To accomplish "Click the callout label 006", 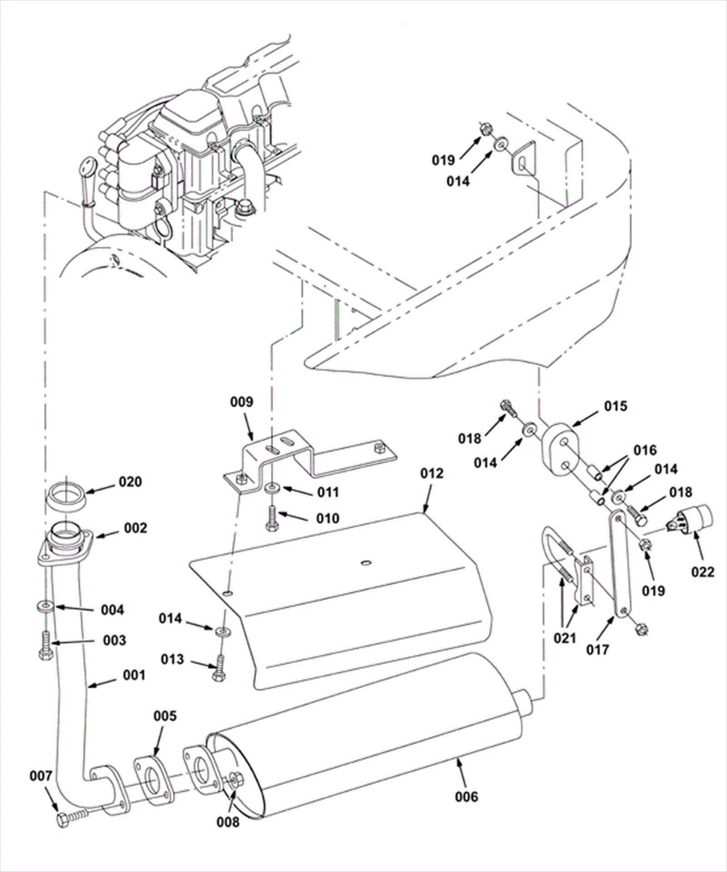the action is click(x=467, y=796).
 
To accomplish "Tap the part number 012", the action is click(x=431, y=473).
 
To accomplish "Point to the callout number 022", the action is click(x=702, y=571).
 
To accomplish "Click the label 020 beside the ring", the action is click(x=130, y=481).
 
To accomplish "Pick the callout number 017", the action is click(x=597, y=649).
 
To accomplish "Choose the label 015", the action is click(x=616, y=406).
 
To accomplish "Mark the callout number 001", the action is click(x=134, y=675).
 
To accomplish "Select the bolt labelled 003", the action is click(x=45, y=645).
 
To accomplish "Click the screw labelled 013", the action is click(x=219, y=668).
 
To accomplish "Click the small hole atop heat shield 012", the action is click(x=365, y=564).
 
